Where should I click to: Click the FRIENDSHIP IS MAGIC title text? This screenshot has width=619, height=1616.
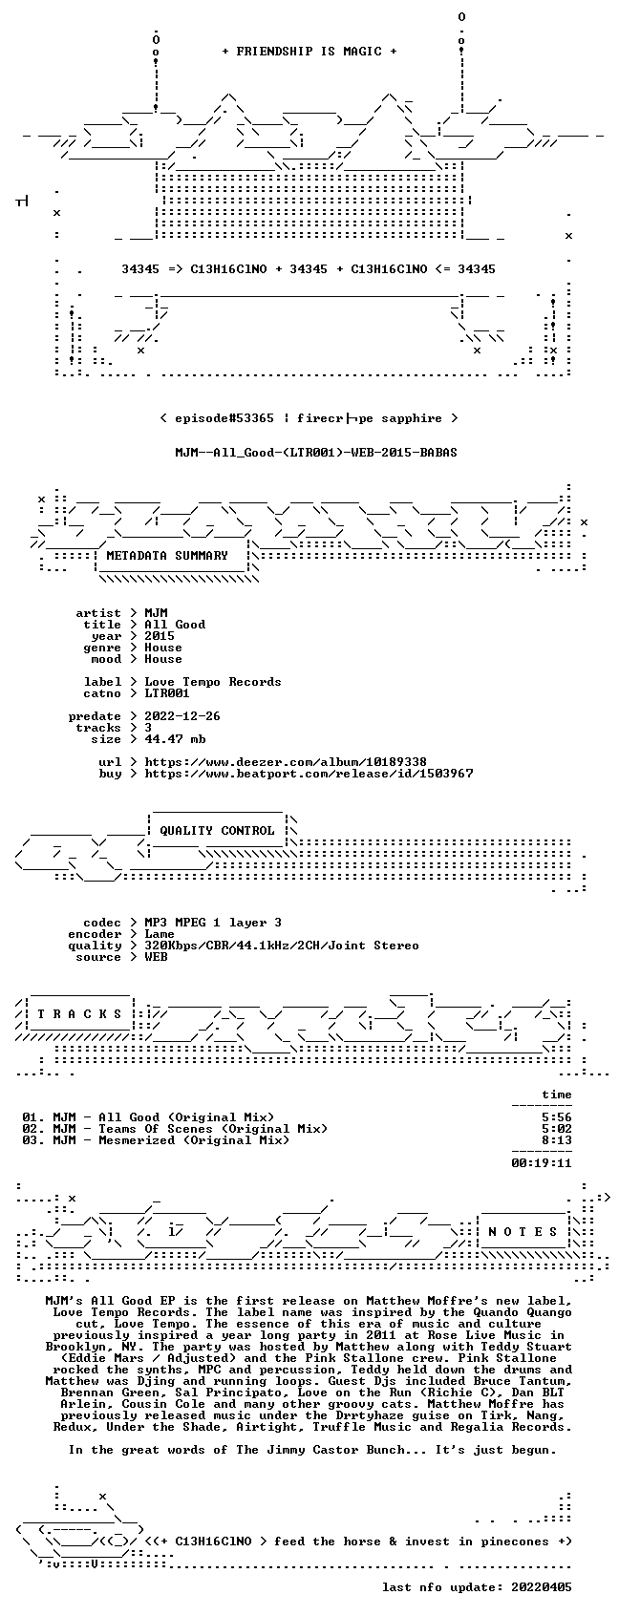point(309,52)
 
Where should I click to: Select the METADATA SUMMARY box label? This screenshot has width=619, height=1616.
point(166,556)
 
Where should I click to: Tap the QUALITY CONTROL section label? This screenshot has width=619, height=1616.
point(217,830)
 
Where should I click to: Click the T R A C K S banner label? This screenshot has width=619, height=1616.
point(79,1013)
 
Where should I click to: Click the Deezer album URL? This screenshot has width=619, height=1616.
point(286,762)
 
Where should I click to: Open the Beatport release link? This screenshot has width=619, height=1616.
point(309,774)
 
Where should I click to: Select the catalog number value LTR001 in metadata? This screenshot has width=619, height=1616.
point(166,693)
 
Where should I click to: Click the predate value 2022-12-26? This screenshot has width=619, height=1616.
point(182,716)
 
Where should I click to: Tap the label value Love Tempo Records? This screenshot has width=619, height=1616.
point(213,682)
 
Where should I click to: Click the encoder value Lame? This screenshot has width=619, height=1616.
point(160,934)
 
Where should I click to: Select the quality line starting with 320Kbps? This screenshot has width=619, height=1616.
point(282,946)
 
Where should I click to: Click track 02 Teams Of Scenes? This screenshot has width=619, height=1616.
point(175,1129)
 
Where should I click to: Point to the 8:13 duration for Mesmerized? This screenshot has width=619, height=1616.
point(557,1140)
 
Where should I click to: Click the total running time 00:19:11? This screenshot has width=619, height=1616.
point(541,1163)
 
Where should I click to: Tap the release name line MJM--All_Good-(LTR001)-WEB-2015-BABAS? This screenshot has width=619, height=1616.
point(316,453)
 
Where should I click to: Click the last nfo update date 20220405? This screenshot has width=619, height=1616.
point(541,1587)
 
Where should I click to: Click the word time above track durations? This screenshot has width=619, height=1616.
point(557,1095)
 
